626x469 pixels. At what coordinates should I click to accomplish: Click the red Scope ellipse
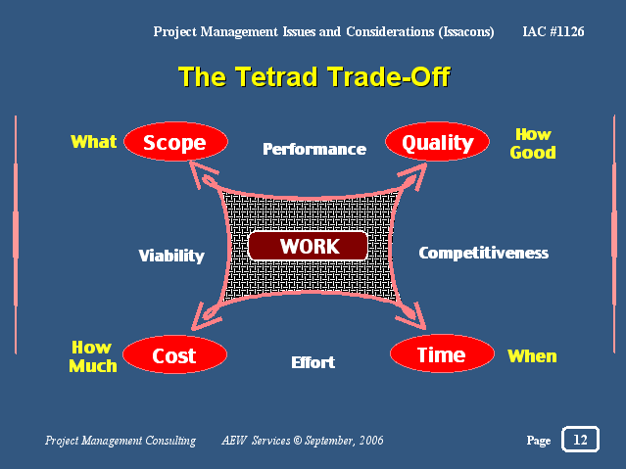coord(175,141)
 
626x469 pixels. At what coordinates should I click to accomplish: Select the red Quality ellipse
coord(437,141)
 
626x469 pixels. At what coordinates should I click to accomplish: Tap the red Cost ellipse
coord(174,354)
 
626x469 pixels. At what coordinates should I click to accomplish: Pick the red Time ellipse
coord(442,353)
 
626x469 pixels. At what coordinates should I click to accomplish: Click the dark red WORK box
coord(308,246)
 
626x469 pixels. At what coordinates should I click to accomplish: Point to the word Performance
coord(314,149)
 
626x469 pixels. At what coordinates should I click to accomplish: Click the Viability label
coord(171,256)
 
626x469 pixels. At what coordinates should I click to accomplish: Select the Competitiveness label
coord(484,253)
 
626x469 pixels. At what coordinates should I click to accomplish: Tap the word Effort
coord(313,362)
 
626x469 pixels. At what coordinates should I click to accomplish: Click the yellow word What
coord(93,142)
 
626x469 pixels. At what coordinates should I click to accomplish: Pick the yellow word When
coord(532,356)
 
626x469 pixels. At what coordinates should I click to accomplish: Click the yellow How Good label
coord(533,143)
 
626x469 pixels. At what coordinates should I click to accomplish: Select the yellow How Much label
coord(93,356)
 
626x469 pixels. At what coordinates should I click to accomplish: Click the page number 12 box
coord(580,439)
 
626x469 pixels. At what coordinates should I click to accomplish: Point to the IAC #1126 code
coord(554,31)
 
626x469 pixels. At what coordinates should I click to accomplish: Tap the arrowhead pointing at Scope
coord(199,172)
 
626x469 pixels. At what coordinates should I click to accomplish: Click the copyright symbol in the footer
coord(298,440)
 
